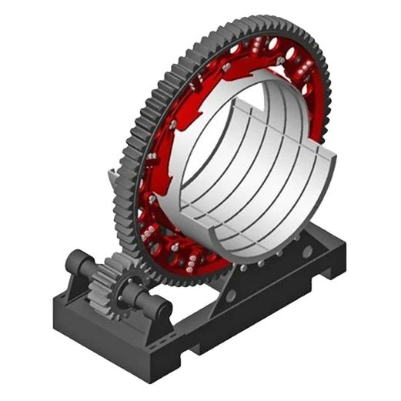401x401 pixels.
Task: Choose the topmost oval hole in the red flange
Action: (x=289, y=55)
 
